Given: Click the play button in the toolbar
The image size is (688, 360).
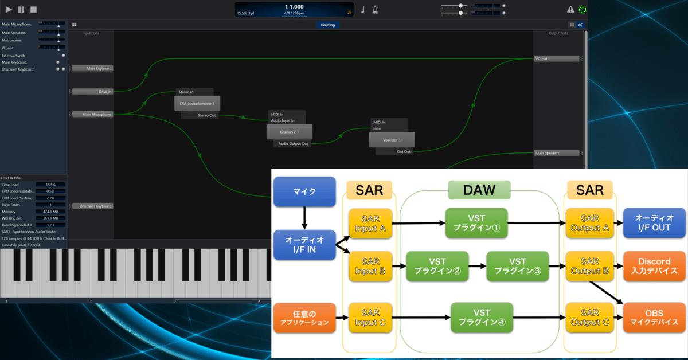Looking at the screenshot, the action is tap(9, 9).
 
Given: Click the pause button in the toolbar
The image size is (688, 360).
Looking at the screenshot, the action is tap(21, 9).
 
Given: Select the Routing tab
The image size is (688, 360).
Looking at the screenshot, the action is tap(328, 25).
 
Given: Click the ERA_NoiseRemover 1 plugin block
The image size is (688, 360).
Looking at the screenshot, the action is tap(197, 103).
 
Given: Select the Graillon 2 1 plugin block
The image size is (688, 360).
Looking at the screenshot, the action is tap(289, 131).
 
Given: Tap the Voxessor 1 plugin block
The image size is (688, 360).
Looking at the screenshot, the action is tap(391, 139).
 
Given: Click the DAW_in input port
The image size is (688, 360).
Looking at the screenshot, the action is tap(92, 91).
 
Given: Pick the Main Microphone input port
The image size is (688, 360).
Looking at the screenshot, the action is tap(92, 114).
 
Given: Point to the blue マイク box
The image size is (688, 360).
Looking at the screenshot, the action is tap(304, 191).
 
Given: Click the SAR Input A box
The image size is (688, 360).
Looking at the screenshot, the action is tap(370, 222).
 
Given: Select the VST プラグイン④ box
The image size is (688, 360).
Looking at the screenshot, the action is tap(482, 317).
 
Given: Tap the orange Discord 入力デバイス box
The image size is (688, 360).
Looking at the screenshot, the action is tap(654, 266).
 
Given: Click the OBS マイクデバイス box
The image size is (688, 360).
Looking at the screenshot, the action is tap(654, 318).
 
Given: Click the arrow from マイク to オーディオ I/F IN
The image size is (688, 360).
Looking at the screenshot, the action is tap(304, 217).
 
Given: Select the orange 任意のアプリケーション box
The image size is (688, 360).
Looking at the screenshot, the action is tap(304, 318).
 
